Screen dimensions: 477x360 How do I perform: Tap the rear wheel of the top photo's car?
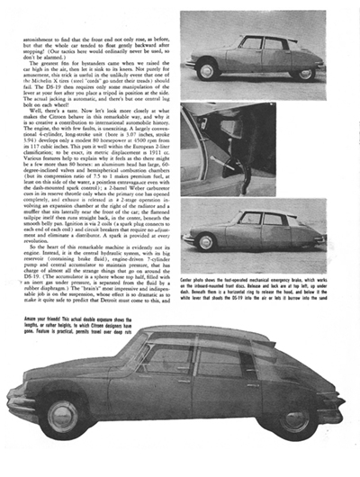point(306,73)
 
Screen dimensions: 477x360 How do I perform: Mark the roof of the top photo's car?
point(261,37)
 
